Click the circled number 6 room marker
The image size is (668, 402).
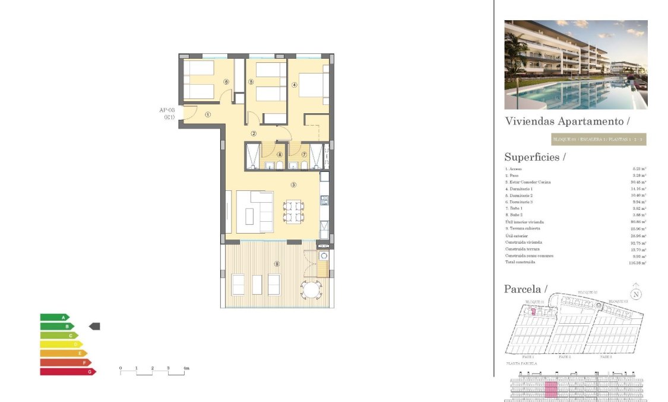226,82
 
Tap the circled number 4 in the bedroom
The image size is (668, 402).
294,84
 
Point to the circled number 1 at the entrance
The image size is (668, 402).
208,115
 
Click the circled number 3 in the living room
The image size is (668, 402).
293,184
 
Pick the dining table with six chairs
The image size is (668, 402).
293,212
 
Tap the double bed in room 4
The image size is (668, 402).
312,85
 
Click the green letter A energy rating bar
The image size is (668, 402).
55,317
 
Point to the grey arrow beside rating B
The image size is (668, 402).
94,326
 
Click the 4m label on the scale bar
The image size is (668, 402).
186,369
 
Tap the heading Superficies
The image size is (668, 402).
534,157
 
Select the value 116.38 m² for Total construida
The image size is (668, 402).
637,262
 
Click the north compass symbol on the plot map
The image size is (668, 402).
636,293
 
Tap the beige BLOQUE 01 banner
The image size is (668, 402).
598,140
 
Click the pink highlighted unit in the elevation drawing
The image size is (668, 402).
551,390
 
